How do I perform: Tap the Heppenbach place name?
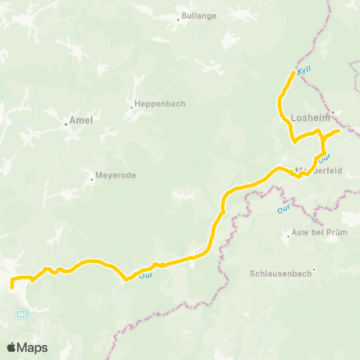(160, 103)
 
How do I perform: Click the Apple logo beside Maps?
(12, 347)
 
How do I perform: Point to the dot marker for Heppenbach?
(131, 107)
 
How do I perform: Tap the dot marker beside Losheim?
(331, 113)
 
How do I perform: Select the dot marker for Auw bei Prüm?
(289, 236)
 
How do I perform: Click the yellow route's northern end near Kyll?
(292, 72)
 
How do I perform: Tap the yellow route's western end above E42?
(12, 286)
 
